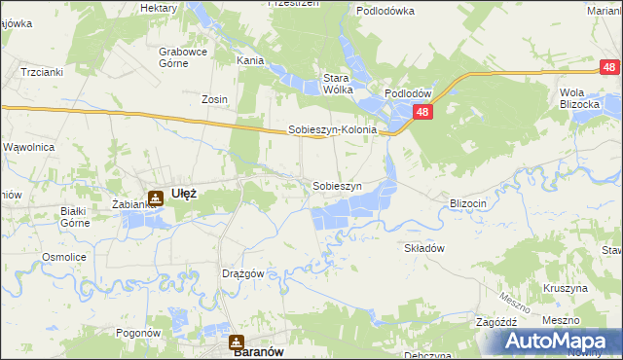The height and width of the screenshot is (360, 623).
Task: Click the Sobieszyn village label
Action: click(x=337, y=186)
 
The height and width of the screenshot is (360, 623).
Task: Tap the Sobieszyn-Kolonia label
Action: click(x=332, y=129)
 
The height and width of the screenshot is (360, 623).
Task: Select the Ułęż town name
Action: click(x=184, y=193)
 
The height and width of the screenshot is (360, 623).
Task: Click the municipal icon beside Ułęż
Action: click(x=155, y=198)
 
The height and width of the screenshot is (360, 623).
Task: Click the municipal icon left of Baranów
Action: click(x=237, y=342)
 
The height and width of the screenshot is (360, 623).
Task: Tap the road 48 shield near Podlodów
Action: click(x=423, y=113)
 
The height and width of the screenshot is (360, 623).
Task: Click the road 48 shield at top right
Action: click(x=608, y=67)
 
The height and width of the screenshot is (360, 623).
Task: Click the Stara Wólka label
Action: click(x=338, y=83)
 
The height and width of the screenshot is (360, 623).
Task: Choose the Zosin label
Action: click(x=214, y=99)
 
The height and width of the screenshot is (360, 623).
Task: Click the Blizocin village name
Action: click(x=467, y=203)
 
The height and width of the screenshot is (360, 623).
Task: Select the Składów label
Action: click(x=424, y=248)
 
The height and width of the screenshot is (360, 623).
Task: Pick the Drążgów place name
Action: click(x=243, y=274)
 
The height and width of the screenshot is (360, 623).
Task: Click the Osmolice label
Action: click(x=59, y=257)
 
